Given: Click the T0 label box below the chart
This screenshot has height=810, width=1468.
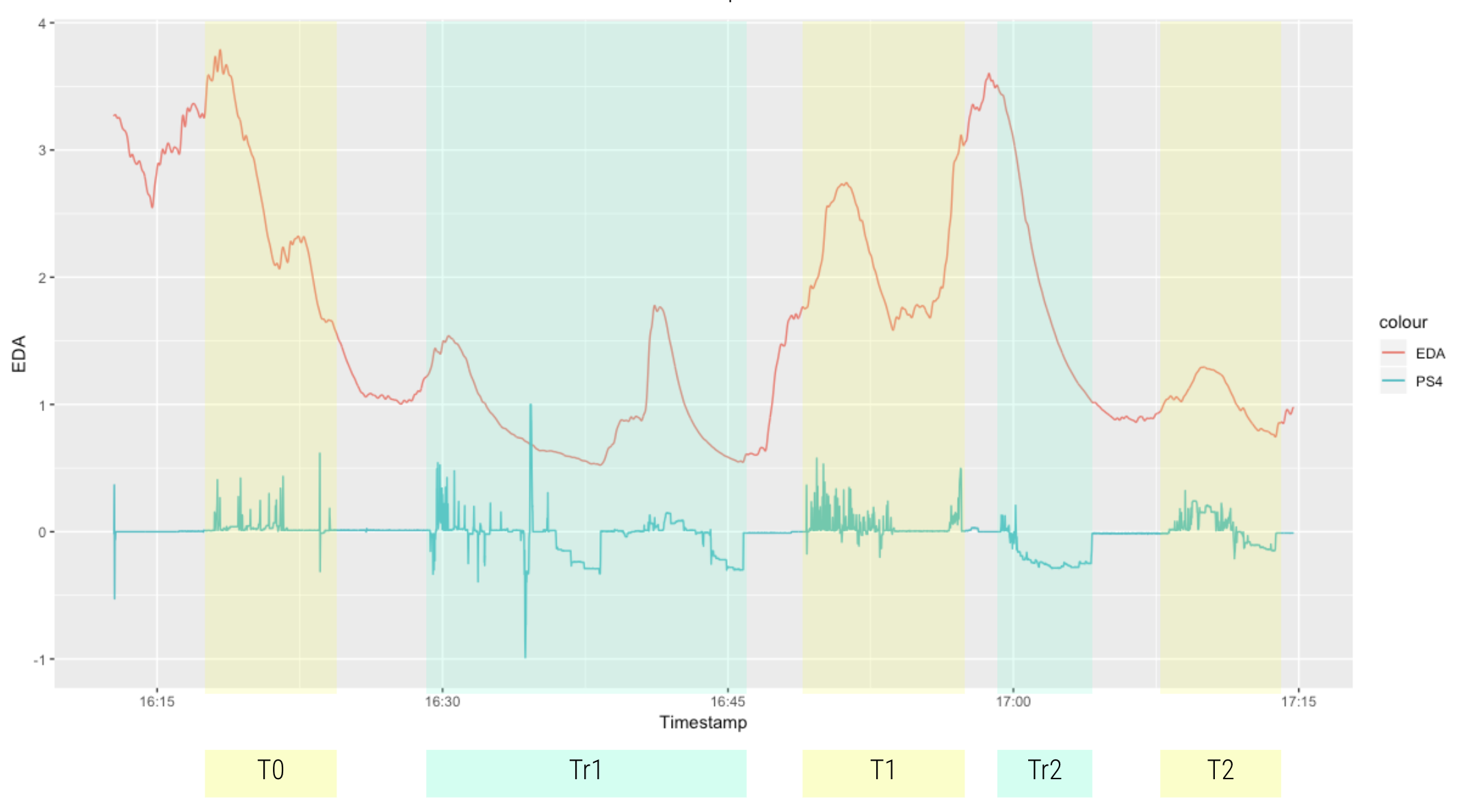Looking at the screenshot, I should pyautogui.click(x=270, y=771).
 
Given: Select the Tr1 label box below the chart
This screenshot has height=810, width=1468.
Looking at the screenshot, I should pyautogui.click(x=586, y=771).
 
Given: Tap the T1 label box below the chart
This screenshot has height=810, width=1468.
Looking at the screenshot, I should pyautogui.click(x=883, y=771).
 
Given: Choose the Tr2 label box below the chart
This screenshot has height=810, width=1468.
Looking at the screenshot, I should pyautogui.click(x=1044, y=771).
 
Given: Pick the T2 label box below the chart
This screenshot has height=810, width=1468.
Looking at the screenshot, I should pyautogui.click(x=1220, y=771).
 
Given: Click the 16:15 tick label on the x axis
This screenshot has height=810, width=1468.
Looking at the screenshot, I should pyautogui.click(x=157, y=701).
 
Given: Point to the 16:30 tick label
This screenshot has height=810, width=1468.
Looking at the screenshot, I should pyautogui.click(x=442, y=701).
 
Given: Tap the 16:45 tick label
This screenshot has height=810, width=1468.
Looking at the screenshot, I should pyautogui.click(x=727, y=701).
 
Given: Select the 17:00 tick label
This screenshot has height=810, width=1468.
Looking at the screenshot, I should pyautogui.click(x=1012, y=701).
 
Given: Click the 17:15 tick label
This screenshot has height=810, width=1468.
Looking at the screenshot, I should pyautogui.click(x=1298, y=701).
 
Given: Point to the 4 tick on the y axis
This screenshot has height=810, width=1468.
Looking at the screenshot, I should pyautogui.click(x=42, y=23).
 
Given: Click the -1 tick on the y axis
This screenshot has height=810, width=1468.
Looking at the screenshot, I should pyautogui.click(x=40, y=659).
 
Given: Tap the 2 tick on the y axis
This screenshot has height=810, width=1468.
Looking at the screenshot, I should pyautogui.click(x=42, y=278).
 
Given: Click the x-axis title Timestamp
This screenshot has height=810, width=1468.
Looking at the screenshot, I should pyautogui.click(x=703, y=722).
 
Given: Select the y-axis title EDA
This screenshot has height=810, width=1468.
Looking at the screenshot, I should pyautogui.click(x=19, y=354).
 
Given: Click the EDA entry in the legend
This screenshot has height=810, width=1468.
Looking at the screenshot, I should pyautogui.click(x=1430, y=354).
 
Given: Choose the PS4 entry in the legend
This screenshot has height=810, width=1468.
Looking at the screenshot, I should pyautogui.click(x=1428, y=382).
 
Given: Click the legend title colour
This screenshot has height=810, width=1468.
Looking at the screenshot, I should pyautogui.click(x=1402, y=322).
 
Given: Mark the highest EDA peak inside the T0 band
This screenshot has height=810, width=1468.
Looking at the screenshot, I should pyautogui.click(x=220, y=51).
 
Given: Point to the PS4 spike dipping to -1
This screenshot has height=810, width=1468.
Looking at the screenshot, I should pyautogui.click(x=525, y=655).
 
